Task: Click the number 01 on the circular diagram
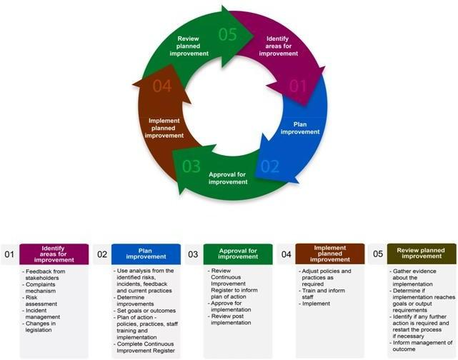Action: [297, 87]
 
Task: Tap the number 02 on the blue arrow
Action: [269, 168]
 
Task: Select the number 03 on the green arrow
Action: [191, 167]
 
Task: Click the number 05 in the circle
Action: [228, 34]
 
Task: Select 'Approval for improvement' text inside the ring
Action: [229, 178]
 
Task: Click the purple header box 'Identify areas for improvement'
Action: [54, 254]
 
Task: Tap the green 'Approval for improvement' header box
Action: [237, 254]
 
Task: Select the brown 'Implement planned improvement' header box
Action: [330, 254]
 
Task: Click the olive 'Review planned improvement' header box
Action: [421, 254]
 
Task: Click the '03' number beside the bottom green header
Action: [193, 254]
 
